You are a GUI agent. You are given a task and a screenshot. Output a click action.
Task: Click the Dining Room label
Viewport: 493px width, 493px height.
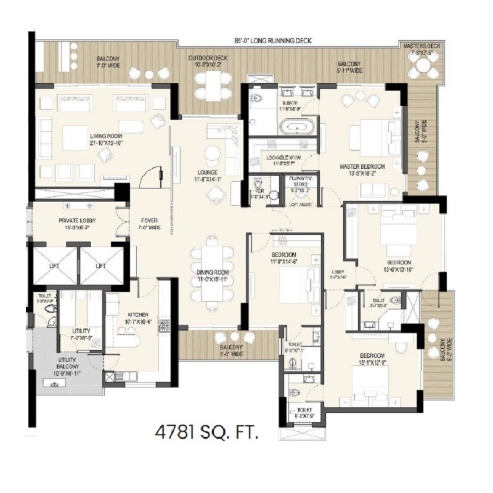213,275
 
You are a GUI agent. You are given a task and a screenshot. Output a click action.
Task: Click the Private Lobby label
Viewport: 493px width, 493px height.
77,223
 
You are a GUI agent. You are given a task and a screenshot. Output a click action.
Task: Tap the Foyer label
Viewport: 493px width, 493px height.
150,223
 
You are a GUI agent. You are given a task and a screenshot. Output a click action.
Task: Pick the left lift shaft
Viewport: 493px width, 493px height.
54,266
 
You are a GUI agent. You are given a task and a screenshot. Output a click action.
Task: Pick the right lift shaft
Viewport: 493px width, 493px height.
102,266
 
